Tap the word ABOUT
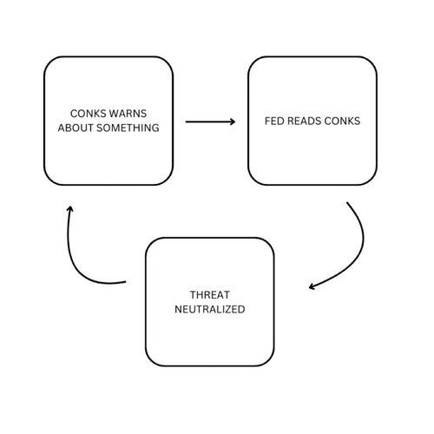pyautogui.click(x=76, y=128)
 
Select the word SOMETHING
pyautogui.click(x=128, y=128)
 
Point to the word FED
pyautogui.click(x=274, y=121)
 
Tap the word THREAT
pyautogui.click(x=210, y=295)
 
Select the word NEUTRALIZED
pyautogui.click(x=210, y=309)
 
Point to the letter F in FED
pyautogui.click(x=267, y=121)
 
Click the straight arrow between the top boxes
pyautogui.click(x=210, y=122)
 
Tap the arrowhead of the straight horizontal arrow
pyautogui.click(x=233, y=122)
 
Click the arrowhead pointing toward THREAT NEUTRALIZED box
pyautogui.click(x=312, y=286)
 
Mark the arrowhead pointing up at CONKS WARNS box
pyautogui.click(x=69, y=208)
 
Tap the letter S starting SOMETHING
pyautogui.click(x=99, y=128)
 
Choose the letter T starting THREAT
pyautogui.click(x=193, y=295)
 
